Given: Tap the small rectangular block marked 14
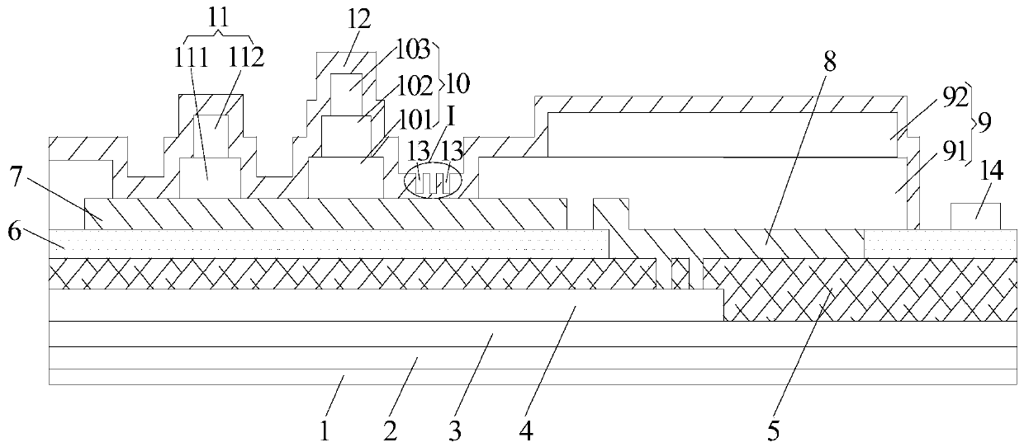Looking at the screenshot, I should point(976,216).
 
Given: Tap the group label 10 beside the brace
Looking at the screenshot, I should point(457,83).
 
